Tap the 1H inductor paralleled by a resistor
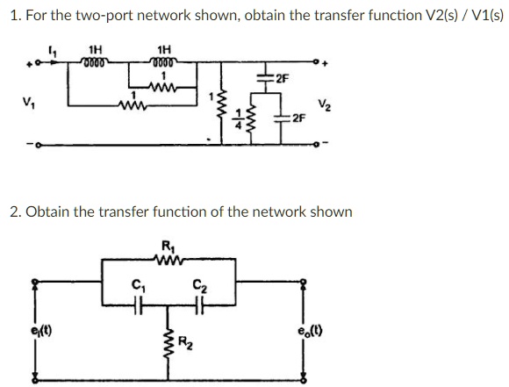(163, 62)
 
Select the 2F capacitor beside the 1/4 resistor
(270, 118)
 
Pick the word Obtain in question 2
(46, 211)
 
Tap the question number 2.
(11, 211)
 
